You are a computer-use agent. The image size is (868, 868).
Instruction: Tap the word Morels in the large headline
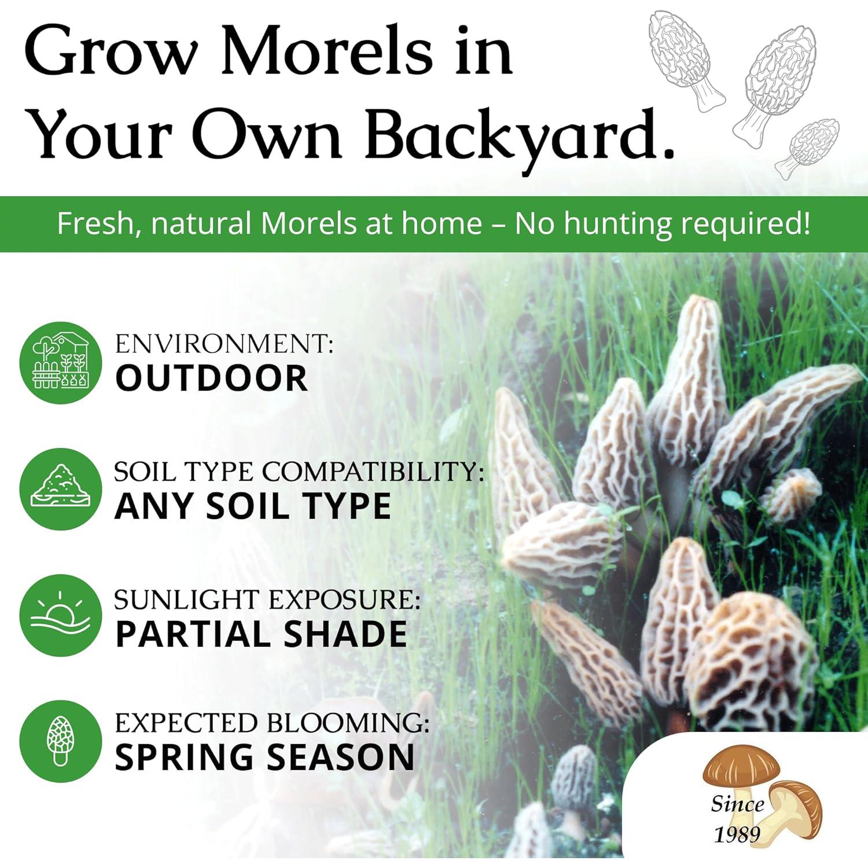[326, 52]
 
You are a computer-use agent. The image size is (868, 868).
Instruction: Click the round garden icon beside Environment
[60, 363]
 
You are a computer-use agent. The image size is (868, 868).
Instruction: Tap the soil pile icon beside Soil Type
[60, 489]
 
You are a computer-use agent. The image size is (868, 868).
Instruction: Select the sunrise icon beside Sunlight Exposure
[60, 615]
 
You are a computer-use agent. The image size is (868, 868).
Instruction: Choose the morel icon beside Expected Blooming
[60, 741]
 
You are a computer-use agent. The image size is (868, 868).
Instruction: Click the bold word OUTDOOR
[212, 378]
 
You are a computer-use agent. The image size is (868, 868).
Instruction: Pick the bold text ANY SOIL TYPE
[253, 506]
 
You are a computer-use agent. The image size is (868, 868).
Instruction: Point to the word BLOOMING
[348, 723]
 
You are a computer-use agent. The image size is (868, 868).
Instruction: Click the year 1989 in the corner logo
[737, 834]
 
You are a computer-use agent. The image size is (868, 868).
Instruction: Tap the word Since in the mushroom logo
[738, 804]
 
